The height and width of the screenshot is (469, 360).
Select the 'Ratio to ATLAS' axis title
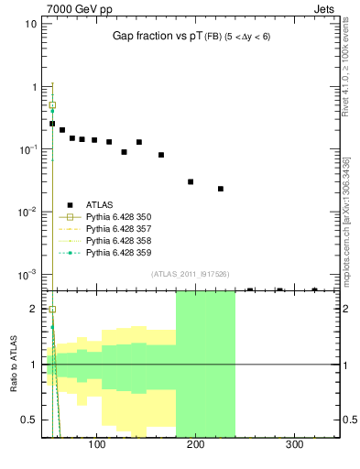tap(12, 364)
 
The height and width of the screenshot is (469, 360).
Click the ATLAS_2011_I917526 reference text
tap(190, 273)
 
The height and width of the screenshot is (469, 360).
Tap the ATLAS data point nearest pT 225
tap(221, 189)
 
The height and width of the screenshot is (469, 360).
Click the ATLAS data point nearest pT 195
tap(191, 181)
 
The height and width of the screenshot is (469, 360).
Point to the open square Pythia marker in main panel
tap(52, 105)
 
